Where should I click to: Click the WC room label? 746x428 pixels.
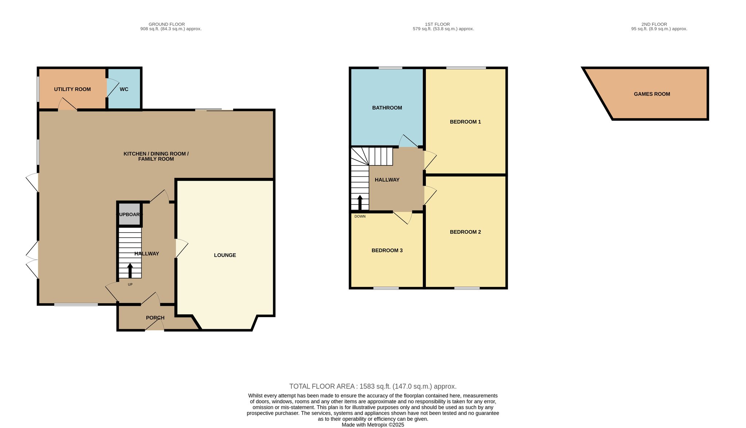pyautogui.click(x=124, y=89)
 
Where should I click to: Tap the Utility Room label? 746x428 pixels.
pyautogui.click(x=72, y=89)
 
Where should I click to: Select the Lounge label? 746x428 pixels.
pyautogui.click(x=225, y=255)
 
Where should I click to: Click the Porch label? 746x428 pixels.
pyautogui.click(x=155, y=318)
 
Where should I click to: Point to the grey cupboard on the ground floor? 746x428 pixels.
pyautogui.click(x=129, y=214)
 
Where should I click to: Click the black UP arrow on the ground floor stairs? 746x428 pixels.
pyautogui.click(x=130, y=271)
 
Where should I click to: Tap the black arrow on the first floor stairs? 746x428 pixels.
pyautogui.click(x=360, y=203)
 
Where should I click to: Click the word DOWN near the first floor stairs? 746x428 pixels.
pyautogui.click(x=360, y=217)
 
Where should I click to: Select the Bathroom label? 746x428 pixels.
pyautogui.click(x=387, y=108)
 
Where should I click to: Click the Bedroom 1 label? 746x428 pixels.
pyautogui.click(x=466, y=122)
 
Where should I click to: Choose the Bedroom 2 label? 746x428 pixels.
pyautogui.click(x=466, y=232)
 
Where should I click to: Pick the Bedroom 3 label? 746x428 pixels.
pyautogui.click(x=387, y=250)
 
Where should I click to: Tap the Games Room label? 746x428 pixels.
pyautogui.click(x=652, y=94)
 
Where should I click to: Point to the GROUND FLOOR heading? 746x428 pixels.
pyautogui.click(x=167, y=24)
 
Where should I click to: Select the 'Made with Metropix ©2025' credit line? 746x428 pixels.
pyautogui.click(x=373, y=425)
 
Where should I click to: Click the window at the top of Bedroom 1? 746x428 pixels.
pyautogui.click(x=466, y=68)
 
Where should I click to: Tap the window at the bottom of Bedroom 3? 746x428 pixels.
pyautogui.click(x=386, y=288)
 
